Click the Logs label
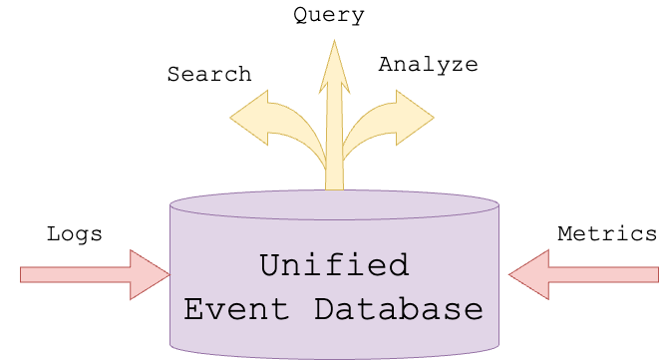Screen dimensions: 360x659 [75, 234]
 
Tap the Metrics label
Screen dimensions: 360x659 [607, 234]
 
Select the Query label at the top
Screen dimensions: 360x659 [329, 15]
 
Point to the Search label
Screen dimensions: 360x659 [209, 75]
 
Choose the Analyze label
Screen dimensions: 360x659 [429, 66]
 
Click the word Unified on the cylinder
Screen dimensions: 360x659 [334, 265]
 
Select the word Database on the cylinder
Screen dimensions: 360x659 [398, 308]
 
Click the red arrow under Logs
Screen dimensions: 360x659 [90, 274]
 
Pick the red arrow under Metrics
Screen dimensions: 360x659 [588, 274]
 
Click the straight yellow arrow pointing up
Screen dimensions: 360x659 [334, 120]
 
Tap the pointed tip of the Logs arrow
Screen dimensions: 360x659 [166, 274]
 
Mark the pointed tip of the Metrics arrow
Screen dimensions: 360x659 [512, 274]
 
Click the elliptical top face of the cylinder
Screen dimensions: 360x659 [334, 204]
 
